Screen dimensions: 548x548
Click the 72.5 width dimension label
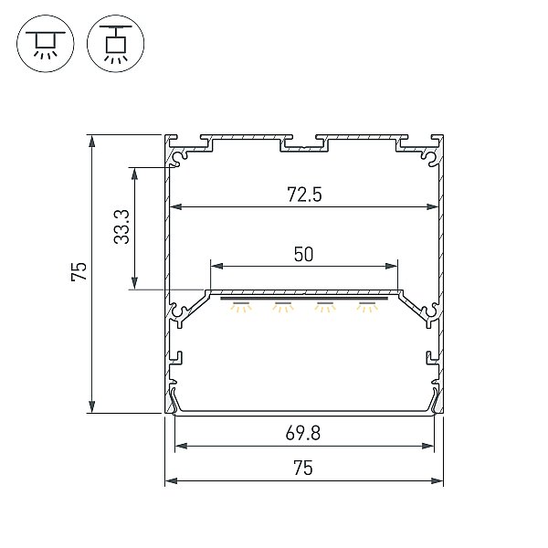tap(304, 195)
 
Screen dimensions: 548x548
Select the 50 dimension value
tap(303, 255)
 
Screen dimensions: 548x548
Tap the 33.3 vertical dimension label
tap(122, 227)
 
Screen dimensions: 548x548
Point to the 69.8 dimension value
tap(302, 433)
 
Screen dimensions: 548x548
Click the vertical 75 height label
tap(79, 271)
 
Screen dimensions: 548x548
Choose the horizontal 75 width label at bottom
tap(303, 468)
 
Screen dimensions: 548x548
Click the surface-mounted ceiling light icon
tap(46, 44)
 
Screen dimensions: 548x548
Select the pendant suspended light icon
tap(115, 44)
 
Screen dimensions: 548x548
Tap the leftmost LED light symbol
tap(240, 307)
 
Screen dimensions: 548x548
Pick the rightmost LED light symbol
tap(367, 307)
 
